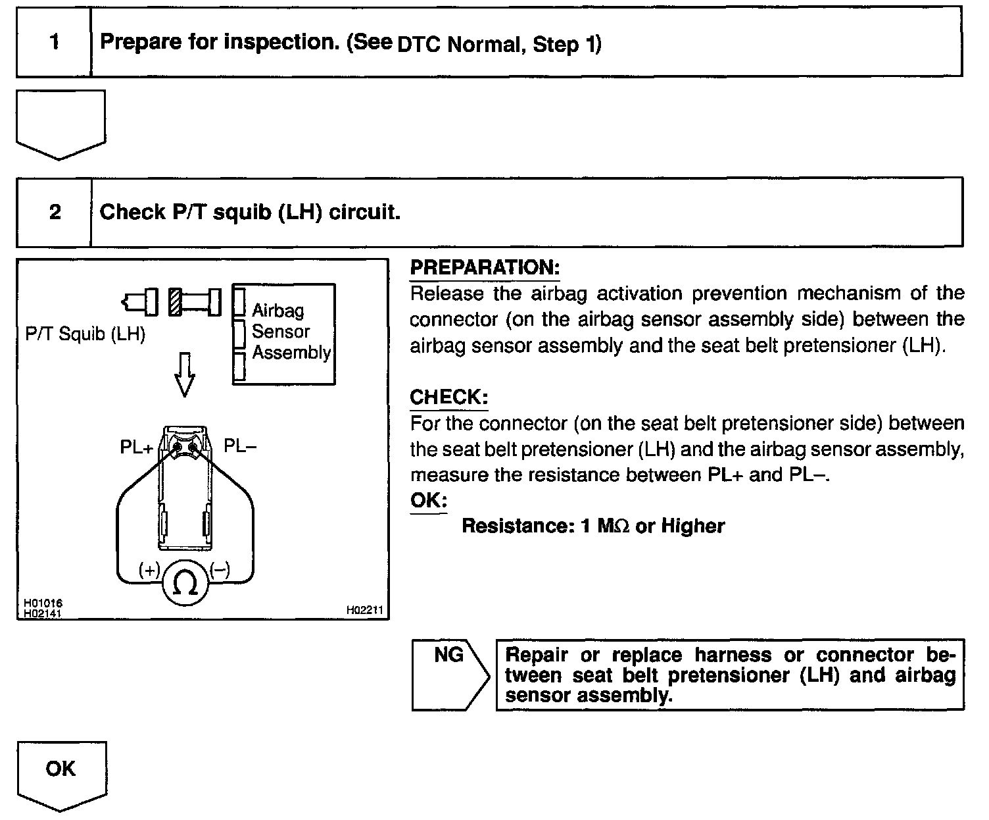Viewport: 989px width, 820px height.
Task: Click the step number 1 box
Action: (x=54, y=43)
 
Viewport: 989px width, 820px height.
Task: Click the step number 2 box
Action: (x=54, y=212)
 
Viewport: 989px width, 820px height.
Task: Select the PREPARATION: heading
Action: (x=484, y=268)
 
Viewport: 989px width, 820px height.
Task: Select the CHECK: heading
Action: (x=448, y=397)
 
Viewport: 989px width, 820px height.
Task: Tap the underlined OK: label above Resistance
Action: (x=428, y=500)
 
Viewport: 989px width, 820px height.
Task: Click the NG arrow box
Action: (x=449, y=674)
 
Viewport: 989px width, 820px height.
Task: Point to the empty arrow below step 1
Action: (x=60, y=122)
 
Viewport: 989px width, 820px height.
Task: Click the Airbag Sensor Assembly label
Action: (x=291, y=332)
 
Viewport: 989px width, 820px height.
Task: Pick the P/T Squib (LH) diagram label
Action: (x=85, y=334)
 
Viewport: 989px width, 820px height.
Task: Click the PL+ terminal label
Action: (x=137, y=448)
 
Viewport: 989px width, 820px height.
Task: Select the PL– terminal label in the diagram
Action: (x=240, y=446)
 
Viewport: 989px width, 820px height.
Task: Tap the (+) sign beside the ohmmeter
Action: (x=149, y=570)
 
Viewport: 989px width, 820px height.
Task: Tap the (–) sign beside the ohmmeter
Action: (x=220, y=570)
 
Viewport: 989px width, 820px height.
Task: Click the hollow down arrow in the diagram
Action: (x=185, y=374)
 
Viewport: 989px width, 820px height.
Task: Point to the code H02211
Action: (x=364, y=611)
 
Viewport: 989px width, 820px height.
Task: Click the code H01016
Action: (x=43, y=603)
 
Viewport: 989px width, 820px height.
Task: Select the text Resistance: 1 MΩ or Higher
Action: (x=592, y=526)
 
